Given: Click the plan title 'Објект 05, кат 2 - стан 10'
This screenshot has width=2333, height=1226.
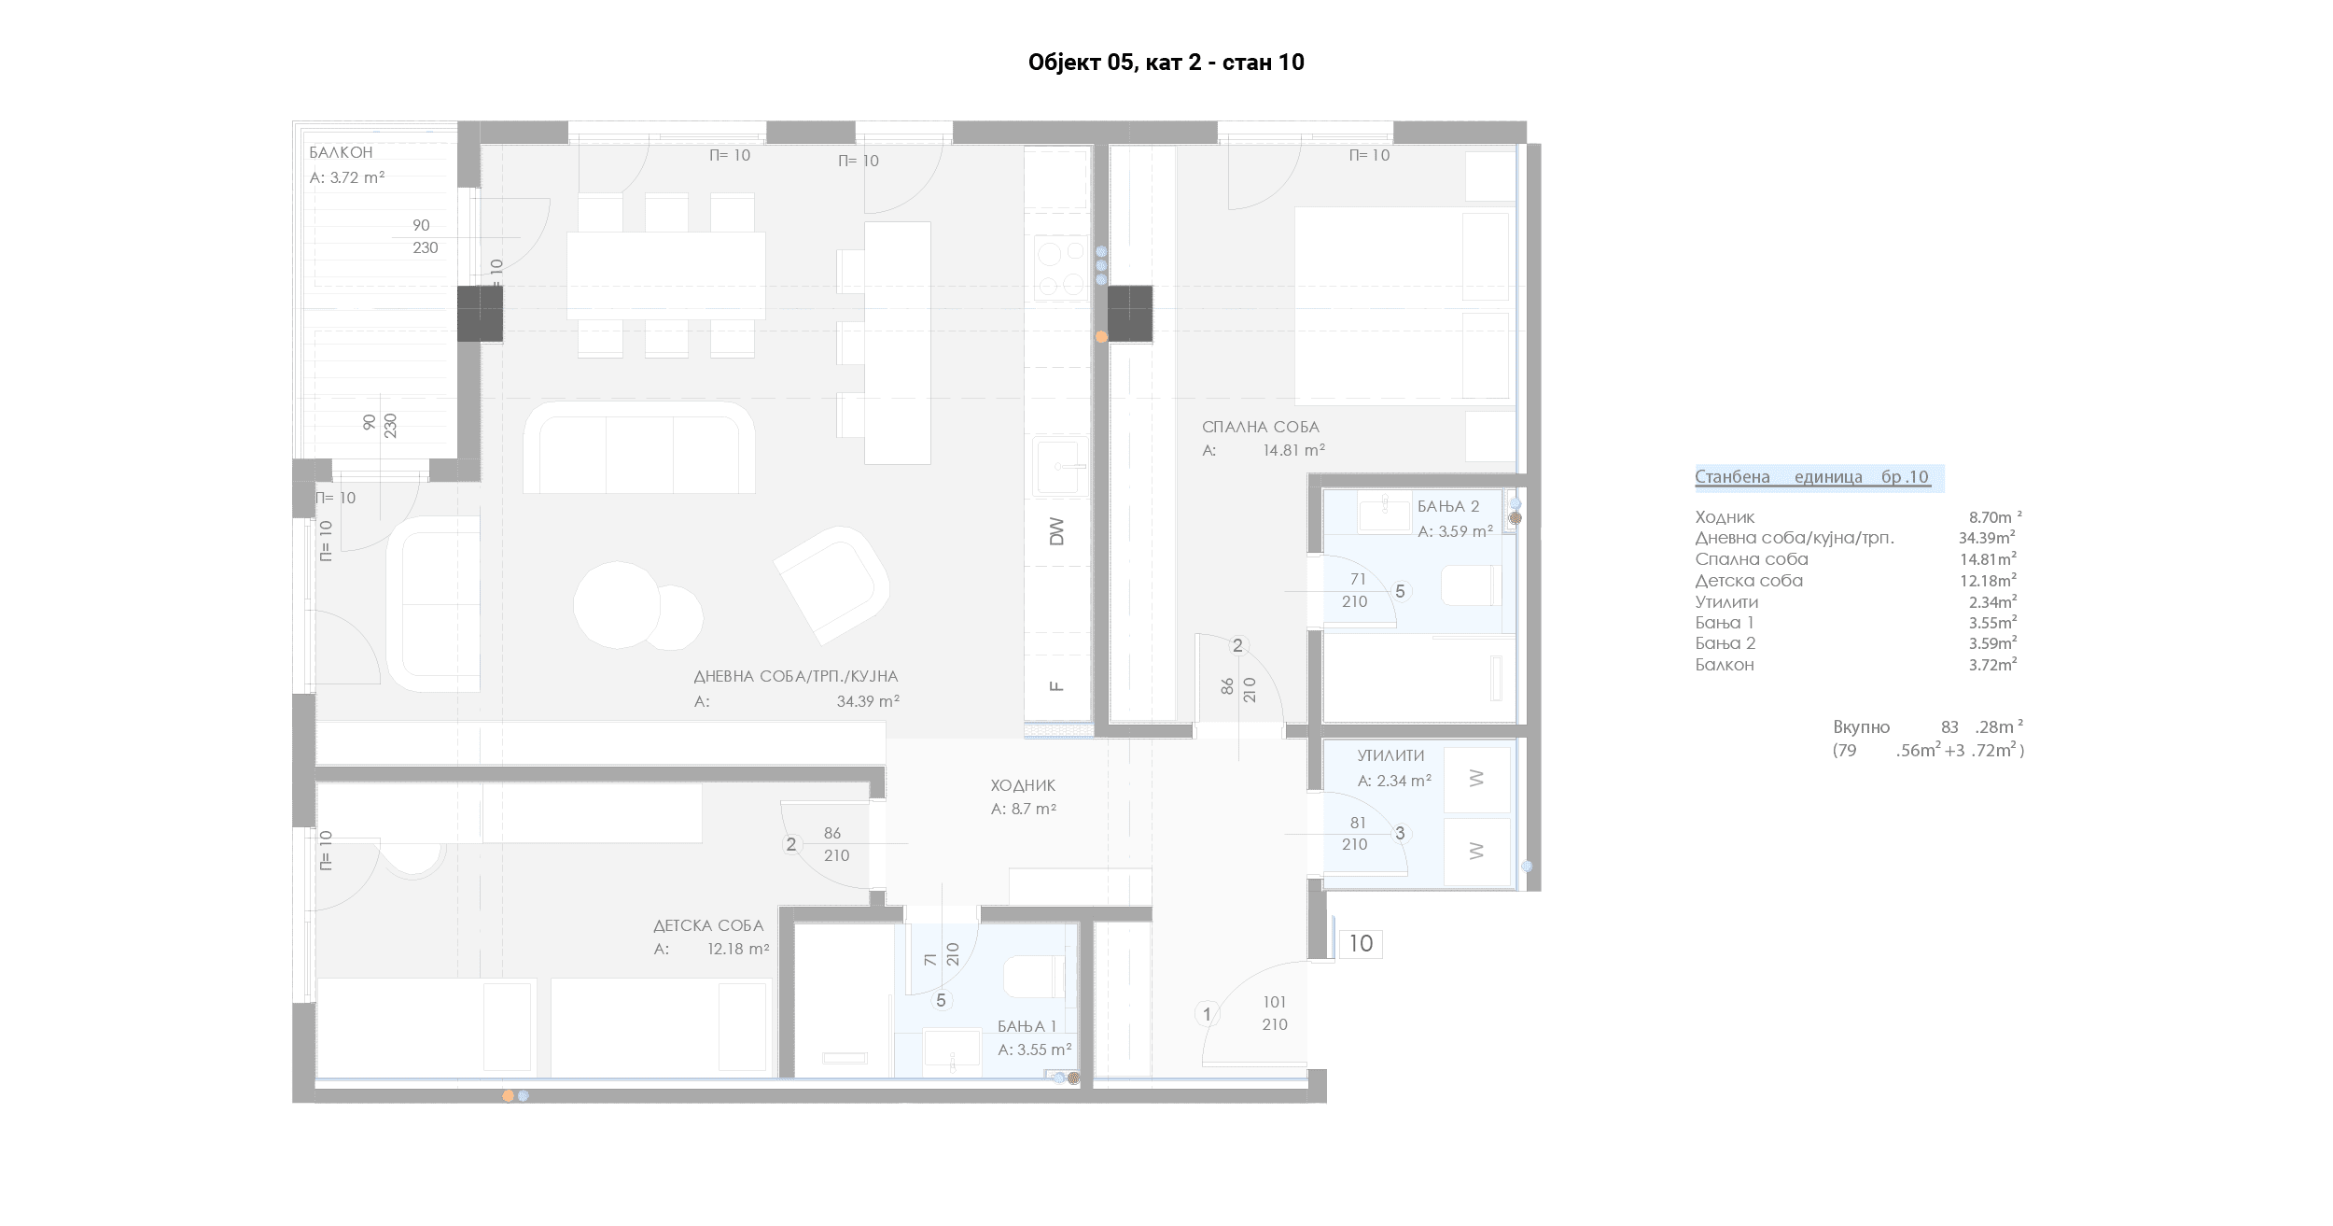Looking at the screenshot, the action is click(1166, 63).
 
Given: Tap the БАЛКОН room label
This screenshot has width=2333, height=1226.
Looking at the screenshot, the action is click(341, 152).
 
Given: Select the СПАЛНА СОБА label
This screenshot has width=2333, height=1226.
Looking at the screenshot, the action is click(1260, 427).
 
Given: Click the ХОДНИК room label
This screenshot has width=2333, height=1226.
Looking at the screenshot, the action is click(1023, 785).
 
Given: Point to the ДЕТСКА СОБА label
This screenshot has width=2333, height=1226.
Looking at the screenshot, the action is click(708, 925).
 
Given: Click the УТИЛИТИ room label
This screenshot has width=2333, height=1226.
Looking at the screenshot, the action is click(1390, 755).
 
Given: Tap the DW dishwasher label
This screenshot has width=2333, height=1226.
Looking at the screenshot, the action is click(1056, 531).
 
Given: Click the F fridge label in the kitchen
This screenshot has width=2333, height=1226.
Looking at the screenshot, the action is click(1056, 686).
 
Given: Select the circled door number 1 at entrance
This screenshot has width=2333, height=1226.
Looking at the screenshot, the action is click(1207, 1014).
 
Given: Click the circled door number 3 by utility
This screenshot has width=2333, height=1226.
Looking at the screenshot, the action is click(1400, 834).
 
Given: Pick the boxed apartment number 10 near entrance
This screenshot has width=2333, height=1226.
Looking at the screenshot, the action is click(1361, 944).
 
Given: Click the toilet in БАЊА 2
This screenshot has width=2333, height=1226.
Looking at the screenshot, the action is click(1472, 586).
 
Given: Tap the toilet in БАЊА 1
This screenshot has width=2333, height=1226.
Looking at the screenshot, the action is click(1033, 977).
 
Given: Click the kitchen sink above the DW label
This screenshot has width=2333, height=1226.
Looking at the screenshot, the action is click(1060, 466).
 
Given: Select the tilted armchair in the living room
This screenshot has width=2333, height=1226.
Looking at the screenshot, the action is click(831, 585).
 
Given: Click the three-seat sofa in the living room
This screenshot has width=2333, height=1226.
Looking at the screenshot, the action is click(639, 447).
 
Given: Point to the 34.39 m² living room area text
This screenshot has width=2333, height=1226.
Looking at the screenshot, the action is click(868, 701).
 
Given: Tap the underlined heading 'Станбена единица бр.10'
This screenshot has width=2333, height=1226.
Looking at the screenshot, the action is click(1812, 477).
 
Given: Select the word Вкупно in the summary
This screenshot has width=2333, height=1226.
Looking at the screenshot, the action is click(1861, 727).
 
